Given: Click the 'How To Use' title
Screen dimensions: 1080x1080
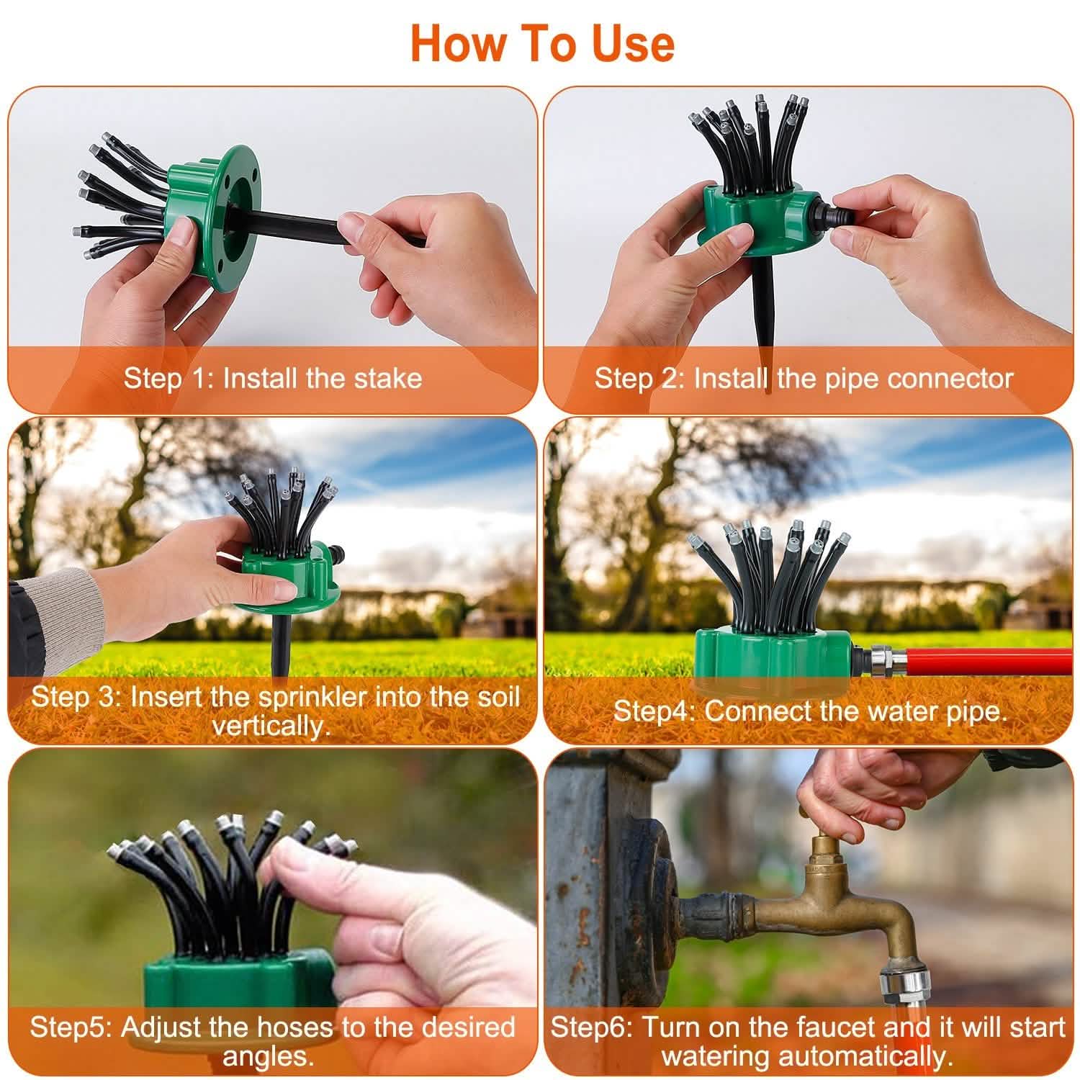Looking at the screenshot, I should pos(541,43).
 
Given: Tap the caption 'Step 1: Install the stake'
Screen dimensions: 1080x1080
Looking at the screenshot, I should pos(272,378).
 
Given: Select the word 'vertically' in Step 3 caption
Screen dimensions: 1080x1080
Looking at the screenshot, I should pos(270,726).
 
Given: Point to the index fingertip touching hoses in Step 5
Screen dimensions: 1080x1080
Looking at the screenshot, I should pos(277,857).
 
